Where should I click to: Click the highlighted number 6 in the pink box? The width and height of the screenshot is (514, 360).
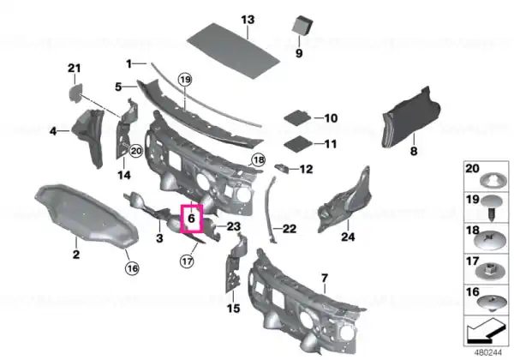(x=191, y=218)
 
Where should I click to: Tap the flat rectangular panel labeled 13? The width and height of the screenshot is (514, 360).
(x=233, y=51)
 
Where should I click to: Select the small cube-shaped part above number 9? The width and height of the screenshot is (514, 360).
(x=302, y=25)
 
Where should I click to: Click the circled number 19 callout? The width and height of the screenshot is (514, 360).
(x=185, y=80)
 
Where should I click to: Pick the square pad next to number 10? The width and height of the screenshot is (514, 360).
(x=297, y=117)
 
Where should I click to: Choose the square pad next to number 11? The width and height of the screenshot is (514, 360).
(x=297, y=144)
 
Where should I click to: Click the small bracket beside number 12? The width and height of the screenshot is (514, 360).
(x=282, y=168)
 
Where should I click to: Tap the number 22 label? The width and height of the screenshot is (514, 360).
(x=290, y=229)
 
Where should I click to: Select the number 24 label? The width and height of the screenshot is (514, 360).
(x=348, y=237)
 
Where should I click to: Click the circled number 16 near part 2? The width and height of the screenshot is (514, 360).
(x=132, y=268)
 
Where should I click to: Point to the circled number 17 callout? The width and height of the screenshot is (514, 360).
(x=187, y=261)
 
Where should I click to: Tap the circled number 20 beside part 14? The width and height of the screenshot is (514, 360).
(x=136, y=151)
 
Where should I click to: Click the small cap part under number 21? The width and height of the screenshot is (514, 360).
(x=75, y=93)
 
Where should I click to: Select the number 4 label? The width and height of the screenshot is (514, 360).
(x=53, y=131)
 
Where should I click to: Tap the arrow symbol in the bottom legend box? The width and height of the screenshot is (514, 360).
(x=485, y=330)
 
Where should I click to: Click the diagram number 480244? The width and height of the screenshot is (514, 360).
(x=488, y=352)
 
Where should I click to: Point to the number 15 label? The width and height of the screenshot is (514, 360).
(x=233, y=309)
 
